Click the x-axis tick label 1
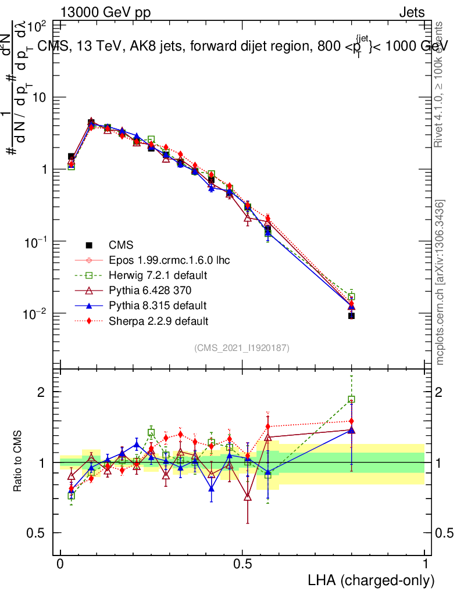coord(425,564)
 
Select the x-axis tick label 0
coord(60,564)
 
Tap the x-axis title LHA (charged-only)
coord(371,580)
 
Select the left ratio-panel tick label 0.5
coord(36,533)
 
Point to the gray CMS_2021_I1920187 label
coord(242,348)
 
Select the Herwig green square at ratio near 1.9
coord(351,399)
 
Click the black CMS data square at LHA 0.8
coord(351,316)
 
